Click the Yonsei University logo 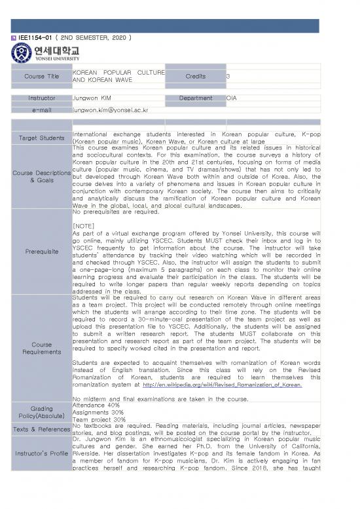(x=46, y=52)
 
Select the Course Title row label (x=41, y=76)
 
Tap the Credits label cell (x=195, y=76)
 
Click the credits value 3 (x=228, y=76)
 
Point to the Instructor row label (x=41, y=98)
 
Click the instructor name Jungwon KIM (x=92, y=98)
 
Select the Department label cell (x=195, y=98)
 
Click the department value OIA (x=232, y=98)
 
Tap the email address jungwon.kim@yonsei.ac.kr (x=111, y=110)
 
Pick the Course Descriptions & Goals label (x=41, y=176)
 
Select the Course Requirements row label (x=41, y=347)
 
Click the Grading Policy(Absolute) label (x=41, y=412)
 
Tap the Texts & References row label (x=41, y=429)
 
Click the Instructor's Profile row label (x=41, y=453)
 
